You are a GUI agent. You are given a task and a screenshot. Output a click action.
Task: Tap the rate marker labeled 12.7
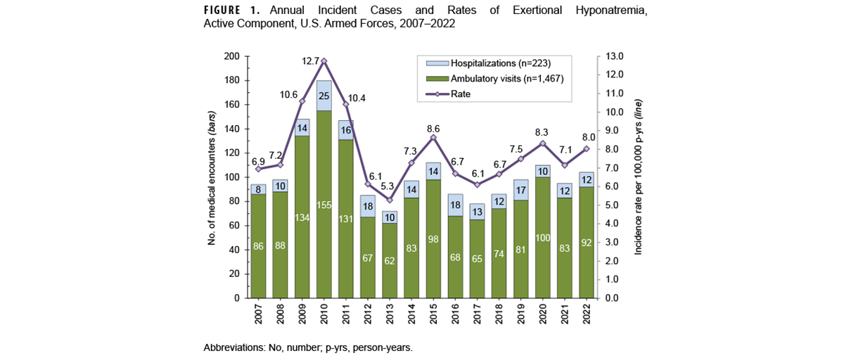(324, 61)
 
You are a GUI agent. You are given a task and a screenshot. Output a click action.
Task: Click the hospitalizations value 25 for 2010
(324, 95)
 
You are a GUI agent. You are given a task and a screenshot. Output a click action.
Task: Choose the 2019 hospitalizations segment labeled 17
(521, 190)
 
